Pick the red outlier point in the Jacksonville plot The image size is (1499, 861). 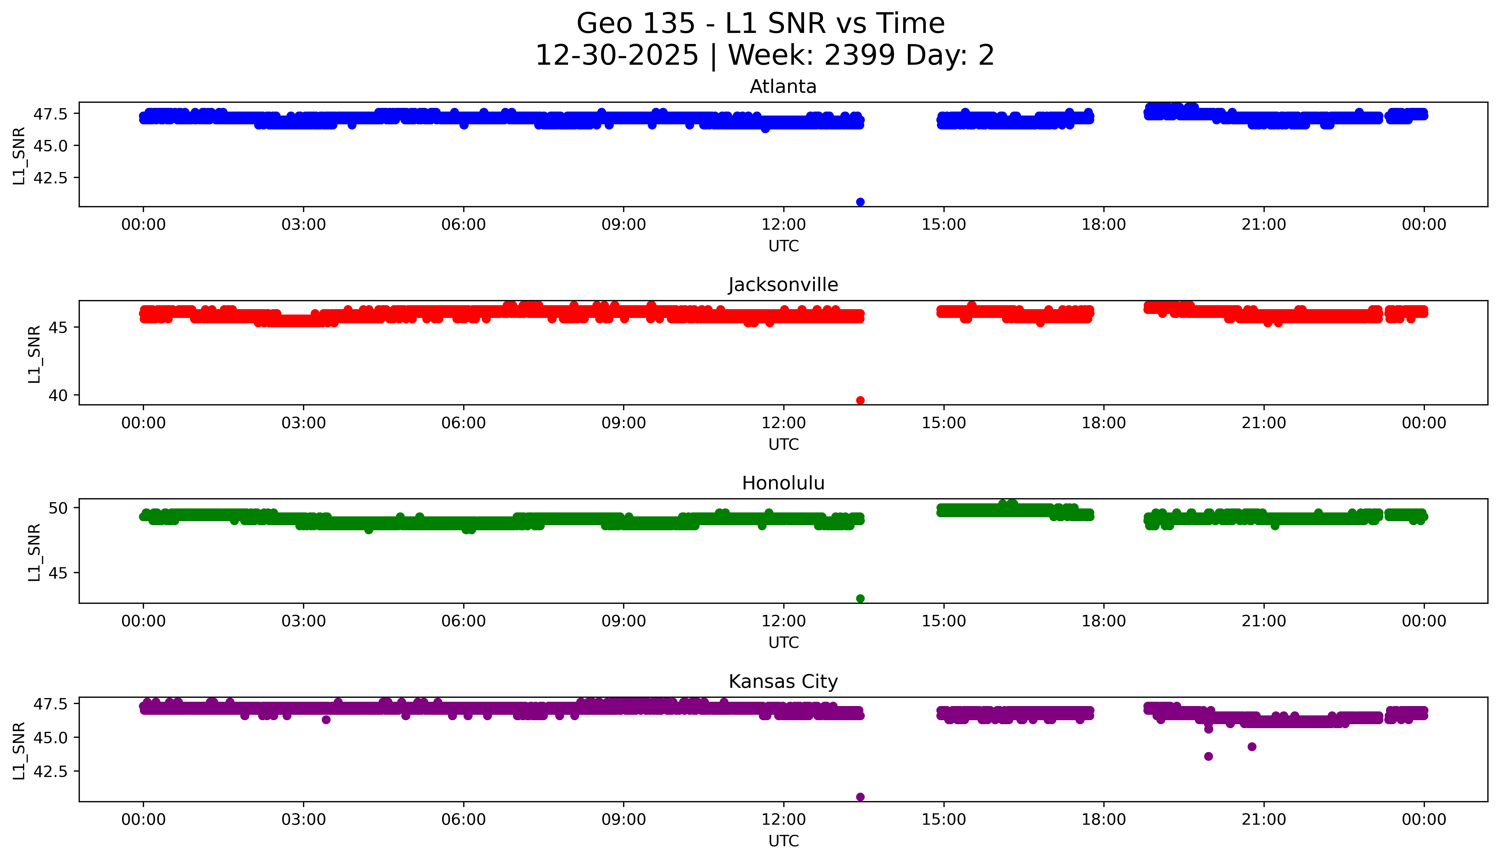(860, 400)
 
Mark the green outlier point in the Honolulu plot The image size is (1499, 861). (860, 598)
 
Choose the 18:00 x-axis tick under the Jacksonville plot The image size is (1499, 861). (1104, 423)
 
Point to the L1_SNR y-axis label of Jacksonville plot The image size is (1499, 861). (34, 354)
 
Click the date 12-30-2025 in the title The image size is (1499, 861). (616, 56)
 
